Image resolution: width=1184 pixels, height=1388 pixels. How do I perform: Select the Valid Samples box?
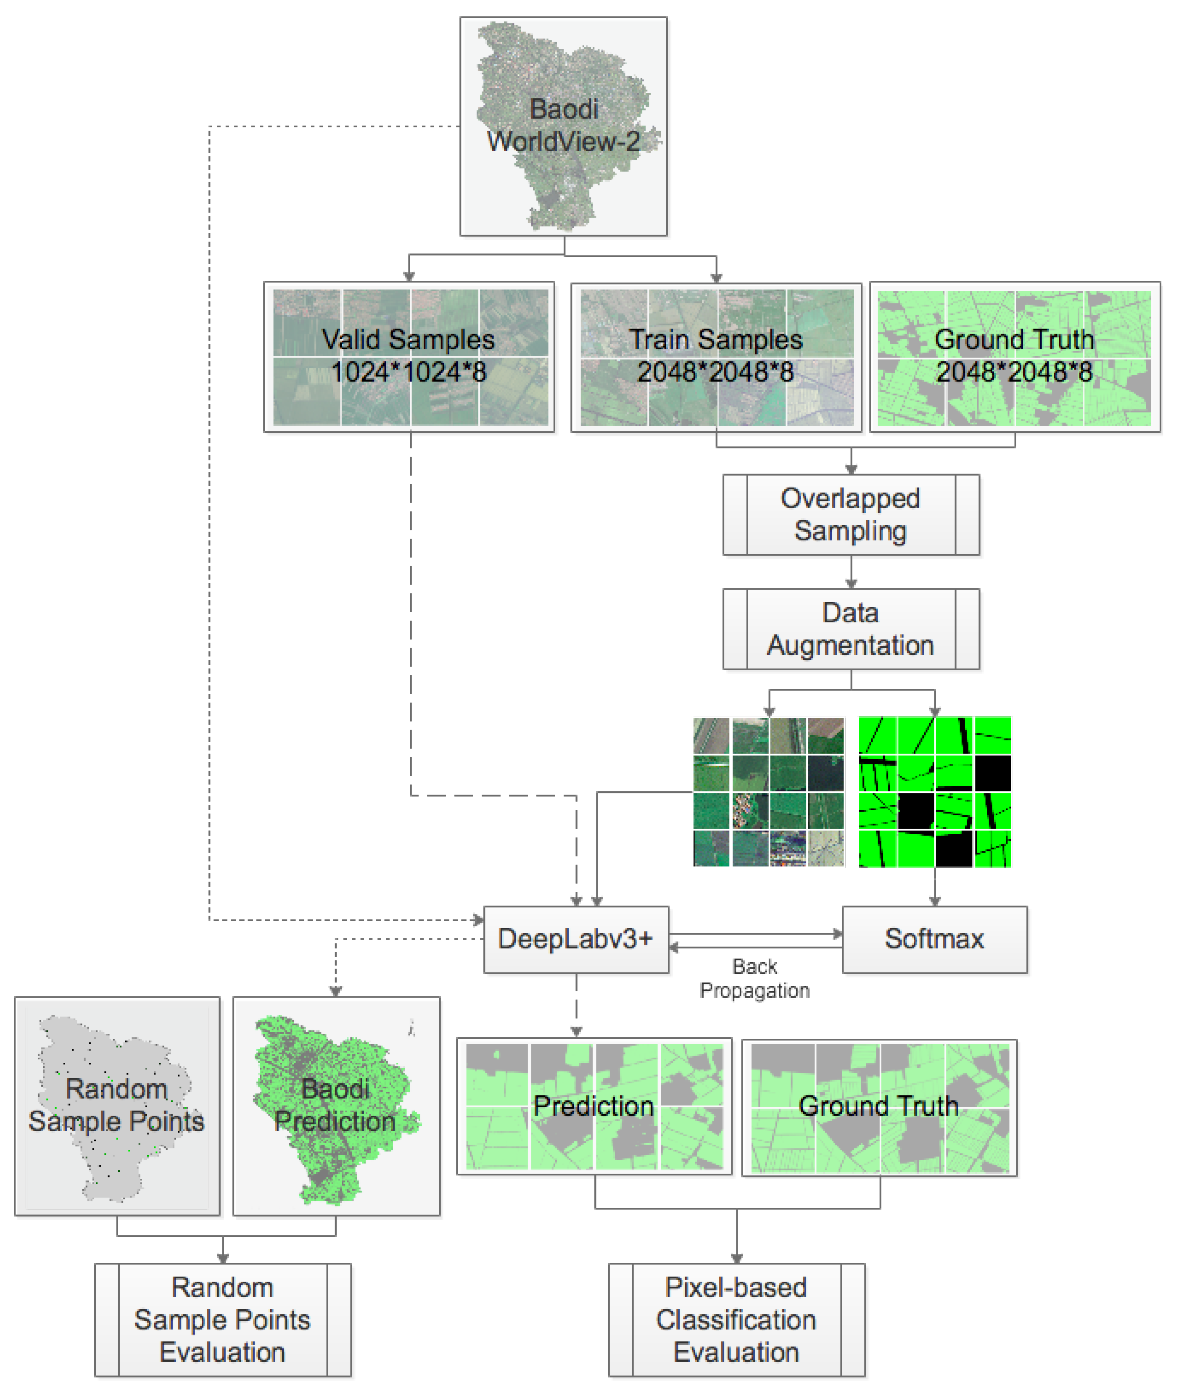409,356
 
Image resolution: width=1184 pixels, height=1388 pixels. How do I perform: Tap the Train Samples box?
716,356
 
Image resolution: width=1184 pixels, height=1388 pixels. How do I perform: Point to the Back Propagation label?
754,978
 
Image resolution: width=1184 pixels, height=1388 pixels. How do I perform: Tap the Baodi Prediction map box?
336,1105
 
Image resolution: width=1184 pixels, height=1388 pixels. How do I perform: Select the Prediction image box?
593,1106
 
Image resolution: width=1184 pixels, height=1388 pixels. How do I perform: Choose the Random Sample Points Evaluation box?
222,1319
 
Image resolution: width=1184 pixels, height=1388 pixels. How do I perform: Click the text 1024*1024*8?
409,372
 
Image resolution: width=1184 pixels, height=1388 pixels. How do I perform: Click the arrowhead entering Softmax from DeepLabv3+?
838,934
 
